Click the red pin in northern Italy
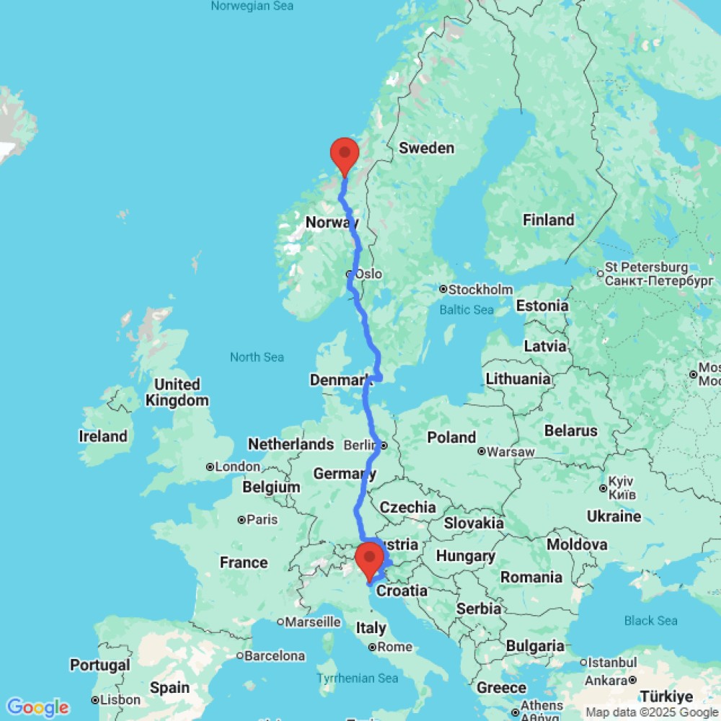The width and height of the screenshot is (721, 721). pos(370,559)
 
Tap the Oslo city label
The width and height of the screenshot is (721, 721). pos(368,274)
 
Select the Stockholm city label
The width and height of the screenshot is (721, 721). pos(480,290)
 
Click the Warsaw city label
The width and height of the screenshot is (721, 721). pos(510,453)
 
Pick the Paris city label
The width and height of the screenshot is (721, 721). pos(262,519)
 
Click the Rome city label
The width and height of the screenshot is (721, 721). pos(394,647)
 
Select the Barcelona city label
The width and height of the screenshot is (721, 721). pos(274,656)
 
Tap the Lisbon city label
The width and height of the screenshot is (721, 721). pos(120,699)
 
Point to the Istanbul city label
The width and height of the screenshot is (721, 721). pos(612,662)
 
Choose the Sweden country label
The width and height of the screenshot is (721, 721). pos(427,149)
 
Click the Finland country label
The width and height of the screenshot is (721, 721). pos(549,220)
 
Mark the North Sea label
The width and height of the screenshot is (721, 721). pos(257,357)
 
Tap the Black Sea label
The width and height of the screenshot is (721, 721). pos(651,621)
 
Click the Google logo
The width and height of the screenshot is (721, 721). pos(37,707)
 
